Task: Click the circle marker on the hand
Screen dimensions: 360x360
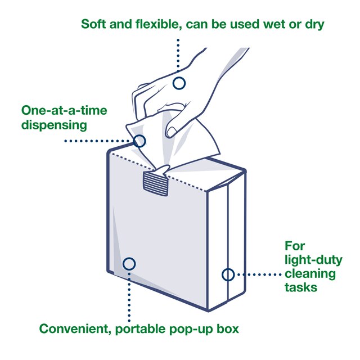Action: coord(179,83)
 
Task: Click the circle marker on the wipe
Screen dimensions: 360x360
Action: coord(140,141)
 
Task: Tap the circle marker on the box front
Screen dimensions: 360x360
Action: coord(129,263)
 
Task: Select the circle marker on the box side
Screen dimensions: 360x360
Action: coord(228,274)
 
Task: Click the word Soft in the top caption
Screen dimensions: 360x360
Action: coord(94,24)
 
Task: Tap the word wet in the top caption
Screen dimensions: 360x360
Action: coord(275,24)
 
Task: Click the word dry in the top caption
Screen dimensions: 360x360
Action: coord(313,24)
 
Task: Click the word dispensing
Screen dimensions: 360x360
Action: coord(54,124)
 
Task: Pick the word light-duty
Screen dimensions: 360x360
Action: coord(310,260)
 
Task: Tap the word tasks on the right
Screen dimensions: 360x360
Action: coord(300,287)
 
